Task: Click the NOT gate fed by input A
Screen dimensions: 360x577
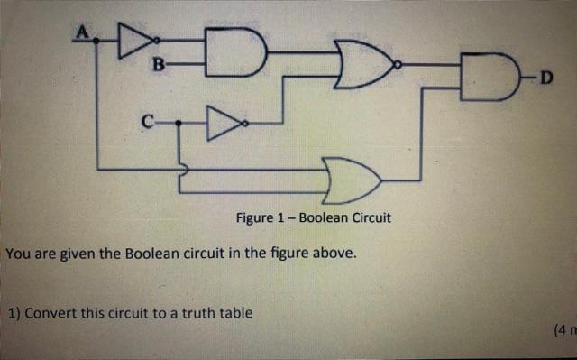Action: [x=136, y=39]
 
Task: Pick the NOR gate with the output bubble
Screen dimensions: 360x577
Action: [x=363, y=65]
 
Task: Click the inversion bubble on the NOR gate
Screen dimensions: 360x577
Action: [x=398, y=65]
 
